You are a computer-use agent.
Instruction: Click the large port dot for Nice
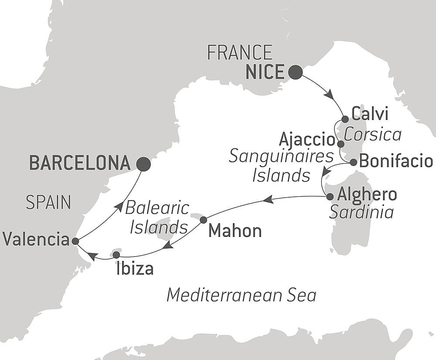pyautogui.click(x=295, y=72)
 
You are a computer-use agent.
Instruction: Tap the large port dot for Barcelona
pyautogui.click(x=143, y=164)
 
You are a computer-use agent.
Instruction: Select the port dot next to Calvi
pyautogui.click(x=345, y=119)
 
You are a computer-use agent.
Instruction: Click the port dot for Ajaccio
pyautogui.click(x=341, y=143)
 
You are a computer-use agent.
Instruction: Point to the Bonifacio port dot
pyautogui.click(x=354, y=162)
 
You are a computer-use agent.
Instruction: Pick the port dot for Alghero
pyautogui.click(x=330, y=196)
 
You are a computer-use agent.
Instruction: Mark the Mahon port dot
pyautogui.click(x=203, y=220)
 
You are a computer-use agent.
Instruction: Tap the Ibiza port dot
pyautogui.click(x=116, y=254)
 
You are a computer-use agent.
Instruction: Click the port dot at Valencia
pyautogui.click(x=75, y=241)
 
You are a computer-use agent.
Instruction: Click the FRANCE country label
pyautogui.click(x=239, y=53)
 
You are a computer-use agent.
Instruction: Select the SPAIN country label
pyautogui.click(x=48, y=202)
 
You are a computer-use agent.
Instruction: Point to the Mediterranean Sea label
pyautogui.click(x=241, y=295)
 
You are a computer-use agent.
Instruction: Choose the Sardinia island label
pyautogui.click(x=361, y=212)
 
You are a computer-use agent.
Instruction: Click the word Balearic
pyautogui.click(x=157, y=208)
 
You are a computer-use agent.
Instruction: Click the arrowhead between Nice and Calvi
pyautogui.click(x=329, y=94)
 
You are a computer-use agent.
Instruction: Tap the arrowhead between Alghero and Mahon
pyautogui.click(x=268, y=199)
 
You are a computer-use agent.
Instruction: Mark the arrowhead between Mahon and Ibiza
pyautogui.click(x=167, y=246)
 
